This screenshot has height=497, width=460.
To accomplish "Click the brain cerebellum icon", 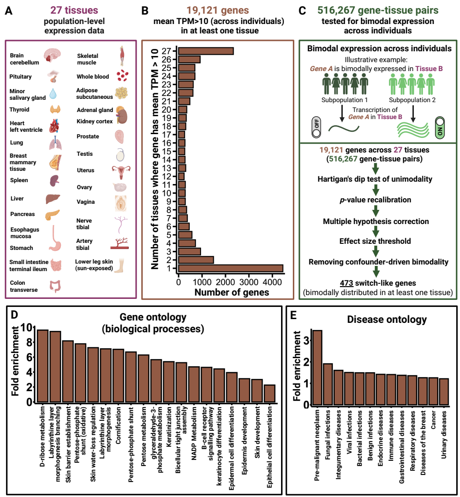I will (51, 56).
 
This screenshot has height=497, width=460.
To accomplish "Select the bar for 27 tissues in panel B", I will (206, 51).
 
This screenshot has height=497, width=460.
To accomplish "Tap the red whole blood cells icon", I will (122, 75).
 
